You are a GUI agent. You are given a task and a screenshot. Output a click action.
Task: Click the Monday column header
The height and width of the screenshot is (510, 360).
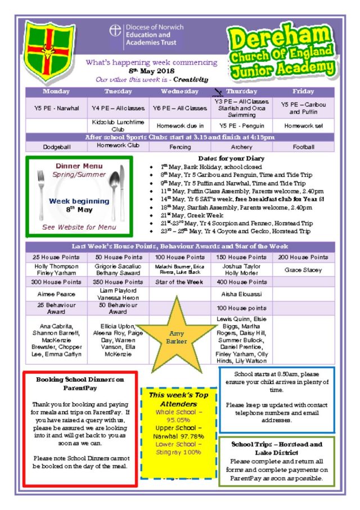[56, 91]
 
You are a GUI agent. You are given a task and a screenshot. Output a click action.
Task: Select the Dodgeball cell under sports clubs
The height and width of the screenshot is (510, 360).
[56, 147]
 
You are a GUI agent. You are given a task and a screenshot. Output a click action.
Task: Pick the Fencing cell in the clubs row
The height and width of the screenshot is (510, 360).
[180, 147]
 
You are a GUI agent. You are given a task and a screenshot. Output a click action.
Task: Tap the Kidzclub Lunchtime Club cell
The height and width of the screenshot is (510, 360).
[118, 126]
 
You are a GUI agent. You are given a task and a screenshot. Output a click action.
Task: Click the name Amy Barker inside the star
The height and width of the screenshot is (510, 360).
[177, 338]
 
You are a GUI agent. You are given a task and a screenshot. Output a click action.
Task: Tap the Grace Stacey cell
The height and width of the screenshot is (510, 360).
[303, 270]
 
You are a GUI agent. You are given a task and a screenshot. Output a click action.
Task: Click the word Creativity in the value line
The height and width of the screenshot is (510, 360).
[191, 80]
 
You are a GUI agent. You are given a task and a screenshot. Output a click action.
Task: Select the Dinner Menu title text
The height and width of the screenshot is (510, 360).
[79, 166]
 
